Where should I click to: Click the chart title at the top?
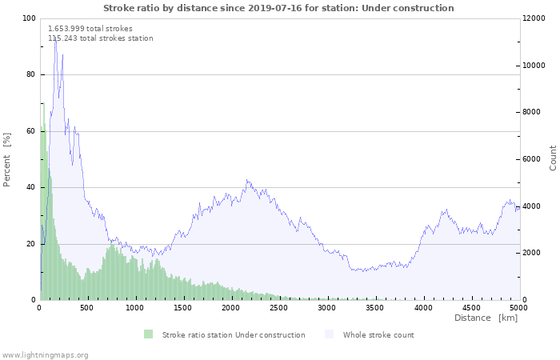pyautogui.click(x=278, y=8)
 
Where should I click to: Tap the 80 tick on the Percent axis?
pyautogui.click(x=30, y=74)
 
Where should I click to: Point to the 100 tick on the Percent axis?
pyautogui.click(x=29, y=18)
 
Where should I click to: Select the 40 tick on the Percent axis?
pyautogui.click(x=30, y=187)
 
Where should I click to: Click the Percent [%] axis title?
pyautogui.click(x=7, y=160)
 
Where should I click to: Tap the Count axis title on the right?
pyautogui.click(x=553, y=158)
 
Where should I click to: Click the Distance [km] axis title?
pyautogui.click(x=486, y=318)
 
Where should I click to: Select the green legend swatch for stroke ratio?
pyautogui.click(x=148, y=334)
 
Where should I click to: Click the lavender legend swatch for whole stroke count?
pyautogui.click(x=330, y=334)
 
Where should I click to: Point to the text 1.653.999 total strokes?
pyautogui.click(x=90, y=29)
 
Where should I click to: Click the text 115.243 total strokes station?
pyautogui.click(x=101, y=38)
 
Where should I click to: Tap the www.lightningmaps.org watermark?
pyautogui.click(x=46, y=354)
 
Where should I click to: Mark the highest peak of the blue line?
pyautogui.click(x=55, y=37)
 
